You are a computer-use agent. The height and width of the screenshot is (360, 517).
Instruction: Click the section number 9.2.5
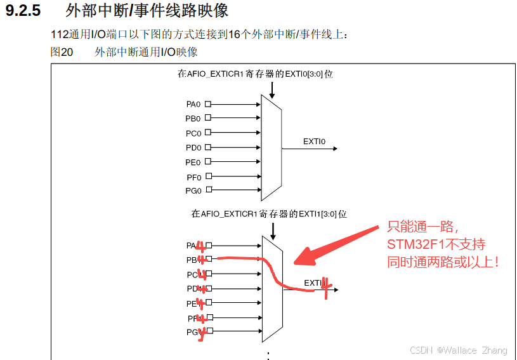coord(26,11)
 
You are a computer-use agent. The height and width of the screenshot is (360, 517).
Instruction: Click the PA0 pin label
coord(193,103)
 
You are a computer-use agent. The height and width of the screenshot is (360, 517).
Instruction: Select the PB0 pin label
coord(193,118)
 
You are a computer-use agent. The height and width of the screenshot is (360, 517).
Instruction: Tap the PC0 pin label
coord(193,133)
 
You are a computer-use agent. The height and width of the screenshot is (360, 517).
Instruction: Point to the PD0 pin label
coord(193,148)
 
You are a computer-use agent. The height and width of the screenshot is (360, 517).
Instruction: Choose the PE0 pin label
coord(193,163)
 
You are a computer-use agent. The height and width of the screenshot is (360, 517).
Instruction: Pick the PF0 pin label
coord(193,177)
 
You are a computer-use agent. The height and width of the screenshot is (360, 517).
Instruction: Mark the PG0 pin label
coord(193,191)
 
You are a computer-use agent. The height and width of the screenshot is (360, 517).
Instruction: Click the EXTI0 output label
coord(314,142)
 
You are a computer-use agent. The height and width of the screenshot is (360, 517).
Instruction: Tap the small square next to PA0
coord(208,103)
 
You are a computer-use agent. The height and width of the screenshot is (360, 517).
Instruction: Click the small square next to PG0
coord(208,190)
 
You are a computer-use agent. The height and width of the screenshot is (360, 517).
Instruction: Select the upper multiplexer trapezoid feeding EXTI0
coord(271,147)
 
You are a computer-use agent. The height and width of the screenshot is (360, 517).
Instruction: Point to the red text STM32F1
coord(412,244)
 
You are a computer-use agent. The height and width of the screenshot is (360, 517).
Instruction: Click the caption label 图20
coord(62,52)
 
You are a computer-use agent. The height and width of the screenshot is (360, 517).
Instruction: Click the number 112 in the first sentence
coord(59,34)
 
